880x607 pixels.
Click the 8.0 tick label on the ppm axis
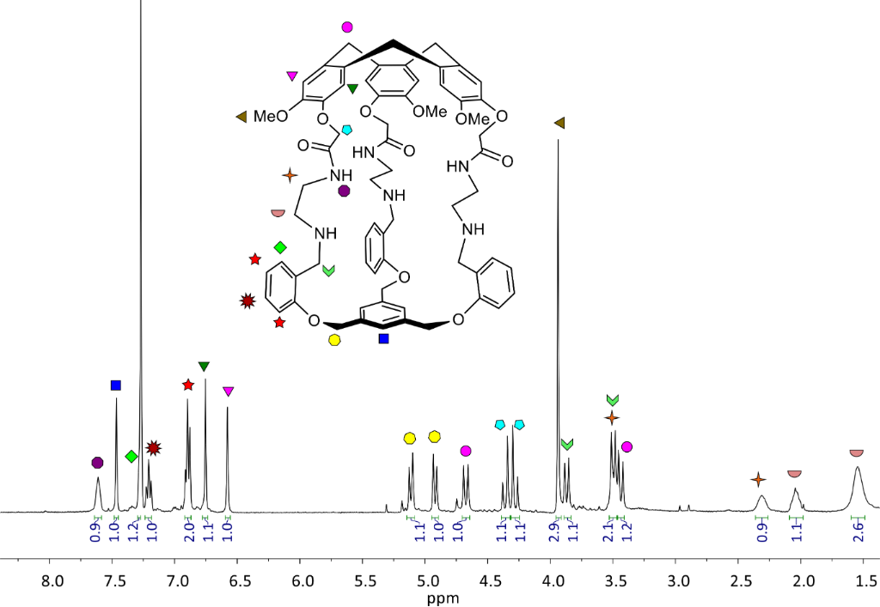pyautogui.click(x=52, y=580)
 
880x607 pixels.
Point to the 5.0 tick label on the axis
pyautogui.click(x=428, y=580)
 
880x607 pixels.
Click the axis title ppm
pyautogui.click(x=443, y=598)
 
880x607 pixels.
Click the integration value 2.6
pyautogui.click(x=859, y=531)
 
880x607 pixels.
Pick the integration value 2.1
pyautogui.click(x=608, y=531)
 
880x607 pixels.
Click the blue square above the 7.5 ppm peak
pyautogui.click(x=116, y=385)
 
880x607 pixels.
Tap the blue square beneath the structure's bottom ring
pyautogui.click(x=384, y=338)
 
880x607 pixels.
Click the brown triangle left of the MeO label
pyautogui.click(x=241, y=117)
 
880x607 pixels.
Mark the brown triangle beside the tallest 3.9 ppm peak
pyautogui.click(x=559, y=123)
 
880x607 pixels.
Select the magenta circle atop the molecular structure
pyautogui.click(x=347, y=27)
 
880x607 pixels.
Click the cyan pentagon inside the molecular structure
pyautogui.click(x=347, y=130)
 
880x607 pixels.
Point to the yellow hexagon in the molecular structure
pyautogui.click(x=334, y=340)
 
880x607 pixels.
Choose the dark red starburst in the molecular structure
pyautogui.click(x=247, y=301)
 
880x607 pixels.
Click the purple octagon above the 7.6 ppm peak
pyautogui.click(x=98, y=463)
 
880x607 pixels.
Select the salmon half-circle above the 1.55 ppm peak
pyautogui.click(x=857, y=452)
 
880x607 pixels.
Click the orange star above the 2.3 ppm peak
pyautogui.click(x=758, y=480)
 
